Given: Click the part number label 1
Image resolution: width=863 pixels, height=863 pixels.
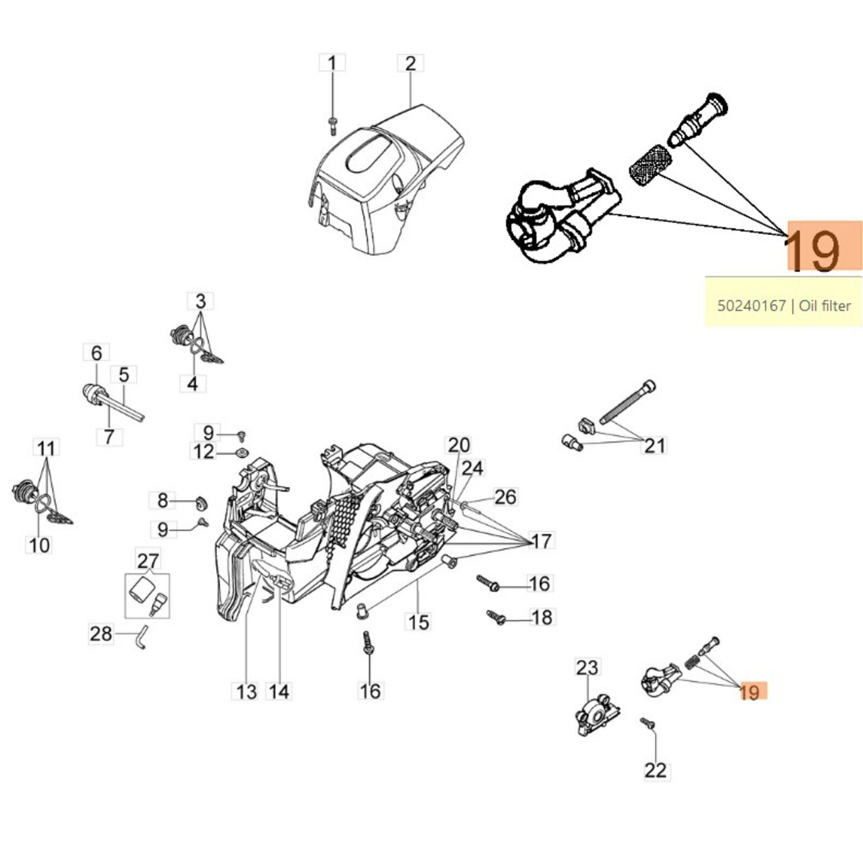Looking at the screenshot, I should [x=332, y=64].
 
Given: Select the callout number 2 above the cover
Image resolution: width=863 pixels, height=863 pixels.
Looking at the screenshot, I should [x=410, y=64].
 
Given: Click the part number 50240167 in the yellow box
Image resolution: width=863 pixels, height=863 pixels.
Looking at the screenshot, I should [x=751, y=306].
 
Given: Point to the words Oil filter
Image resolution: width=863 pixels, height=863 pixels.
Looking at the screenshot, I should [x=825, y=306].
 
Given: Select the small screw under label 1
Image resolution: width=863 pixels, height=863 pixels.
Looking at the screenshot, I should [x=332, y=125].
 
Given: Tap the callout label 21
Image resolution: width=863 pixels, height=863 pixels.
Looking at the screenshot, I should [x=655, y=446].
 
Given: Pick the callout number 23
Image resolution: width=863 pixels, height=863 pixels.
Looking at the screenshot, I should [x=587, y=667].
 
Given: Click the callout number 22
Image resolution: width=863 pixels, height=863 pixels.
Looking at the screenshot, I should [x=656, y=770].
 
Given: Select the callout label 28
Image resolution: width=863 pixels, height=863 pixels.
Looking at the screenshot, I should [x=101, y=633].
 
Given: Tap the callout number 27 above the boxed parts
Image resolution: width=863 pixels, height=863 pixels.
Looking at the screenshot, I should [x=147, y=561].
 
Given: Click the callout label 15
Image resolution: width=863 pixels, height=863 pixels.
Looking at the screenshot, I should [x=419, y=622].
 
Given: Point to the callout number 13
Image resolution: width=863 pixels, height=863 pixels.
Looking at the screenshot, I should [x=246, y=691].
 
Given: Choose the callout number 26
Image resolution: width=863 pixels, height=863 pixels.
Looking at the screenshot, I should [x=505, y=497].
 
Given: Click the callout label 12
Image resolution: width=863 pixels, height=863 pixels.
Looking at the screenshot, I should [x=203, y=451].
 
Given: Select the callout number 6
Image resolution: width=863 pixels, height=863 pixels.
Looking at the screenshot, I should [x=97, y=353].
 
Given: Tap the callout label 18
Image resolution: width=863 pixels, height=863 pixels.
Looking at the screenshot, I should [x=542, y=617].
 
